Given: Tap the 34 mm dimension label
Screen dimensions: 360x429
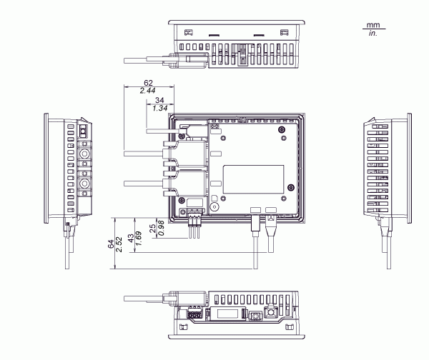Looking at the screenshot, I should click(159, 100).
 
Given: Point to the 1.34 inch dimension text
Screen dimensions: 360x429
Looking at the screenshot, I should click(159, 108).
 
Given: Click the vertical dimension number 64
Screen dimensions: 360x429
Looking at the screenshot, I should click(110, 244).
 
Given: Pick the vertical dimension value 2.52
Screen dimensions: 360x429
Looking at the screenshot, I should click(119, 244).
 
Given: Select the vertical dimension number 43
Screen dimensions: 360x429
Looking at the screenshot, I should click(130, 237).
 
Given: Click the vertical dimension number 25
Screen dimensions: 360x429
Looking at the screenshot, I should click(152, 229).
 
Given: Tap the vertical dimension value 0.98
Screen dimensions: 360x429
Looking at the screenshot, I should click(160, 229).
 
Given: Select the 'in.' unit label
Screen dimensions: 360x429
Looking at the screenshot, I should click(373, 33).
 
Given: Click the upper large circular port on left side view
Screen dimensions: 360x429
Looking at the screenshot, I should click(84, 154).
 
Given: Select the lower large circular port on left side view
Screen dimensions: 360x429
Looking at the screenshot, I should click(84, 184).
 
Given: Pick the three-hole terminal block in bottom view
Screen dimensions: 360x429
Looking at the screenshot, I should click(194, 313).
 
